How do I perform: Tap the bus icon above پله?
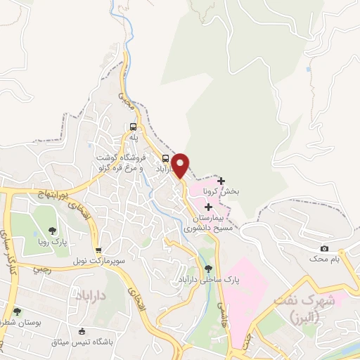[x=132, y=127]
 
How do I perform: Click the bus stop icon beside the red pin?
[x=165, y=158]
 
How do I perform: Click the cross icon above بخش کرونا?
[x=221, y=181]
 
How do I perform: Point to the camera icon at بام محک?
[x=324, y=248]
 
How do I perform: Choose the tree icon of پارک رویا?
[x=51, y=230]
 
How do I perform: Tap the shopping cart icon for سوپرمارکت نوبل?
[x=98, y=250]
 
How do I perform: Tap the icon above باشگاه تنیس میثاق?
[x=82, y=331]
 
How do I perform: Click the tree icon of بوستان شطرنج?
[x=17, y=311]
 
